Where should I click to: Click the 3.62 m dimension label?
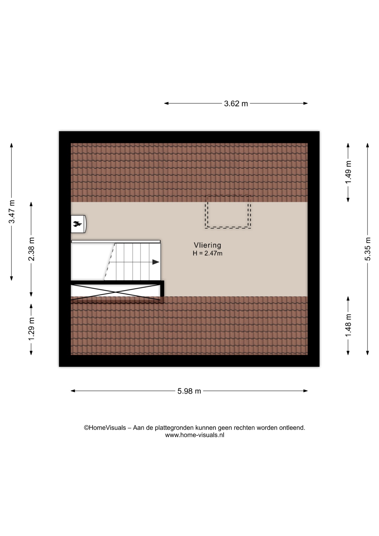tap(236, 104)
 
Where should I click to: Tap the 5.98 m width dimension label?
tap(189, 391)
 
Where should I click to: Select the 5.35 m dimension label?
tap(368, 249)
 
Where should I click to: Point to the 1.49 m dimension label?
tap(348, 172)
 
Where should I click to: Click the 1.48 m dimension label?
tap(348, 326)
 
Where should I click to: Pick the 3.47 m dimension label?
tap(12, 212)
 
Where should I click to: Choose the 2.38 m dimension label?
tap(31, 249)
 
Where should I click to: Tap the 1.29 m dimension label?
tap(31, 329)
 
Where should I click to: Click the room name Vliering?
tap(208, 245)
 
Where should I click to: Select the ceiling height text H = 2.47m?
tap(208, 253)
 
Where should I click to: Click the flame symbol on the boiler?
tap(77, 224)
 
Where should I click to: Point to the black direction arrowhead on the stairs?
tap(156, 262)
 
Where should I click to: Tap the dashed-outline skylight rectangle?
tap(228, 212)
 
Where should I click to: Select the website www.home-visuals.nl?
tap(195, 435)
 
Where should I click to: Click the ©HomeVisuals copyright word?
tap(105, 428)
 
